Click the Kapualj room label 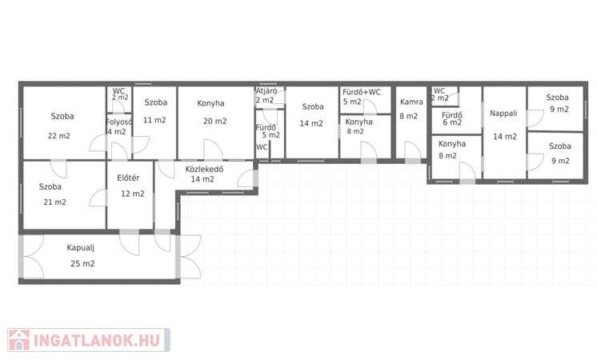(x=80, y=248)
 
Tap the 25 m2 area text (x=82, y=264)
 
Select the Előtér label (x=128, y=178)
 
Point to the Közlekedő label (x=204, y=169)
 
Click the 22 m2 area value (x=59, y=136)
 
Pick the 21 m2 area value (x=55, y=202)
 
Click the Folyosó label (x=118, y=122)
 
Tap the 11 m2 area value (x=154, y=120)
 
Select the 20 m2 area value (x=214, y=121)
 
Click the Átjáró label (x=266, y=91)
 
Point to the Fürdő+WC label (x=362, y=92)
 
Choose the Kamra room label (x=411, y=102)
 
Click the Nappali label (x=503, y=114)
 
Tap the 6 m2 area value (x=452, y=122)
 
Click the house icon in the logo (x=19, y=340)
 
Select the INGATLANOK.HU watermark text (x=97, y=341)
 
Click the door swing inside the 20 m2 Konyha (x=213, y=149)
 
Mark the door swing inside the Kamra (x=413, y=150)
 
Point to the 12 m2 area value (x=133, y=194)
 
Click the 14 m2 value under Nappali (x=505, y=137)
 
